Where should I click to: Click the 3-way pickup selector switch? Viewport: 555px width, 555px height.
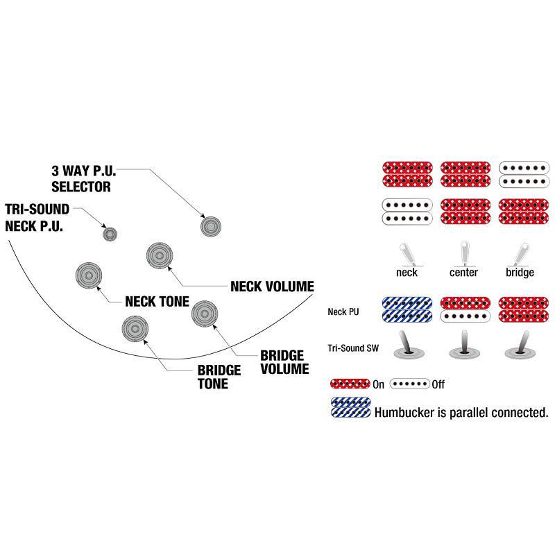pos(211,227)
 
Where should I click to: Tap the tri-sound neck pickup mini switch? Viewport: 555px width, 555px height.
pos(110,234)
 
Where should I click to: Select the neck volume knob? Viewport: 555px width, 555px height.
pos(160,256)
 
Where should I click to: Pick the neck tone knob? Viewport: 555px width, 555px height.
pos(89,275)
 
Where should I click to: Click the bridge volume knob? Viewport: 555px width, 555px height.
pos(205,314)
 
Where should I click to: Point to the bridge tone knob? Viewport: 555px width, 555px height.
pos(135,329)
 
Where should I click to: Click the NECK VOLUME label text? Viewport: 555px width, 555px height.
pos(272,287)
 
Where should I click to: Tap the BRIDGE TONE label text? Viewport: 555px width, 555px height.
pos(219,377)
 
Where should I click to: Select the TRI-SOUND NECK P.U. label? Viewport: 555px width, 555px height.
pos(37,217)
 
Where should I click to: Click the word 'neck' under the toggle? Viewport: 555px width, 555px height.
pos(407,273)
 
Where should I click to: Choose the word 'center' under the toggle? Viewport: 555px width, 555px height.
pos(463,273)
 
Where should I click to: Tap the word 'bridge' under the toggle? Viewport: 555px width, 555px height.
pos(520,273)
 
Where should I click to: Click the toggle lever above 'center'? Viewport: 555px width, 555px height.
pos(464,253)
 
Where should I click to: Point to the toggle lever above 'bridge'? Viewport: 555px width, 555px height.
pos(520,254)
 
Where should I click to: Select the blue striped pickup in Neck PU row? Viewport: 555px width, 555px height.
pos(407,309)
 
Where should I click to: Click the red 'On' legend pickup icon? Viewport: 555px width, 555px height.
pos(350,384)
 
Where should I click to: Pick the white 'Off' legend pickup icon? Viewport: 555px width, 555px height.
pos(410,384)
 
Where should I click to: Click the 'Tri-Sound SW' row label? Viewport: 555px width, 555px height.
pos(353,348)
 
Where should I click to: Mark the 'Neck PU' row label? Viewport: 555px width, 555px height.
pos(343,311)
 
